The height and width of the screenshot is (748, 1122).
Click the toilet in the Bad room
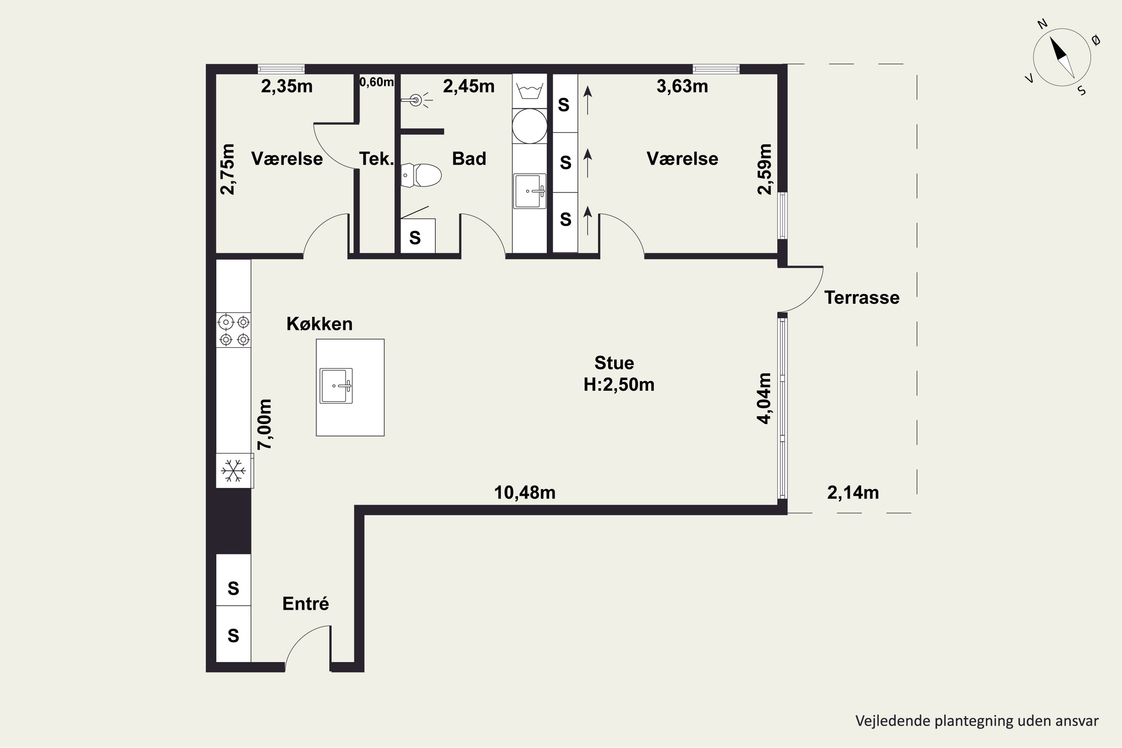tap(421, 175)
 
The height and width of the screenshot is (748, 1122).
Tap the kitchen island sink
tap(336, 386)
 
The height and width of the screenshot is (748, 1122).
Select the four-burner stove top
tap(234, 330)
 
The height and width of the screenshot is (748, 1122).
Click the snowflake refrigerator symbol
tap(234, 471)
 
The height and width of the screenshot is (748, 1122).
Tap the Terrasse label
tap(862, 298)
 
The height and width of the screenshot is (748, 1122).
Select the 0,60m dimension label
tap(376, 82)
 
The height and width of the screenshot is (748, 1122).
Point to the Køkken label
tap(320, 324)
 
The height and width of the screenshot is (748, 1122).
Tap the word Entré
tap(306, 604)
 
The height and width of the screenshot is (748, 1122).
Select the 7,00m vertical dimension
tap(265, 424)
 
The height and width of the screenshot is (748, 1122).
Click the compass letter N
tap(1042, 37)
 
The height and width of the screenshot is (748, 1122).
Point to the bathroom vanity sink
tap(530, 191)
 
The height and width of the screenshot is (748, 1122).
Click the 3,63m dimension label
tap(682, 86)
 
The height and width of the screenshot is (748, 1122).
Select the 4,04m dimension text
tap(764, 398)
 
